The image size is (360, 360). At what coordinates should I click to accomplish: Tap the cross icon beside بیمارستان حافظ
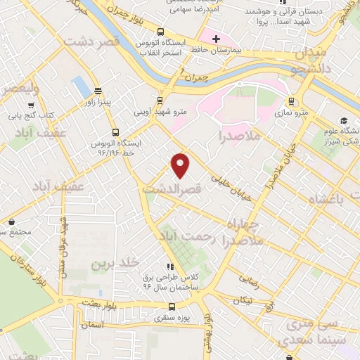click(216, 38)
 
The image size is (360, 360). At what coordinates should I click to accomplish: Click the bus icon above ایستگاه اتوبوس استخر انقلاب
click(161, 32)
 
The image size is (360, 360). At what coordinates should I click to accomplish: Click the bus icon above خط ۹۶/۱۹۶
click(115, 131)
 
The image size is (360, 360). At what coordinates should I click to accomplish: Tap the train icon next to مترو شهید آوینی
click(160, 101)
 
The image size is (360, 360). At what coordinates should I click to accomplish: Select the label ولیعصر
click(15, 89)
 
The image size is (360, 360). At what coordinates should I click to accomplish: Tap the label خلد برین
click(111, 264)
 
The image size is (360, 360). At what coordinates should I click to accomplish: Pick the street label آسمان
click(92, 325)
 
